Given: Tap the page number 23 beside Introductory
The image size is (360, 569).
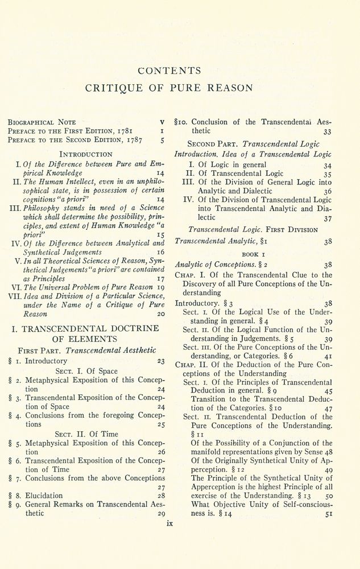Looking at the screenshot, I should click(160, 361).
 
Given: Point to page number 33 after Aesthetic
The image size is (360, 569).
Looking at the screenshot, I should click(327, 131).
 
